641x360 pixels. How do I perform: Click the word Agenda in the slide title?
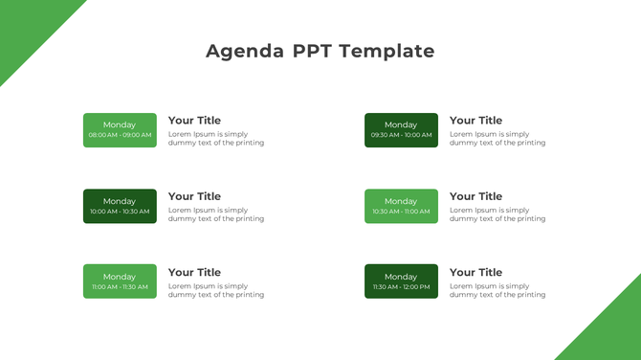245,52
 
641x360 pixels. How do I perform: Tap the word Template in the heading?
387,52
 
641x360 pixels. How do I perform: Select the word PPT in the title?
312,52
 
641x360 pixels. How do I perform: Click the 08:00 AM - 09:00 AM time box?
120,130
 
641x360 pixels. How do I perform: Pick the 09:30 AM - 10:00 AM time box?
401,130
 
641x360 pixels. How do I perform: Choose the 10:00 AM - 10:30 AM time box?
120,206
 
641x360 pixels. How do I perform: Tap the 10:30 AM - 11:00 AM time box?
401,206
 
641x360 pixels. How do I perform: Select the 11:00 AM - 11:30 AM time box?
120,281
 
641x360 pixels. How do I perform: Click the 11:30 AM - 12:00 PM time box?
401,281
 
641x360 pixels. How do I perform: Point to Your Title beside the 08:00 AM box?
194,121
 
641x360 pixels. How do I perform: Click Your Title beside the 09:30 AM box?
475,121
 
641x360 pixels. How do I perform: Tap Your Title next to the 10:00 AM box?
194,196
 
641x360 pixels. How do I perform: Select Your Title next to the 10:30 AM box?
475,196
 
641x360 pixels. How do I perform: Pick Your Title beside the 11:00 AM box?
194,272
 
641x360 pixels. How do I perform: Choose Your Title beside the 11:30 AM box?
475,272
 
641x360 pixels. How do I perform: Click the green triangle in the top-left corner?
24,24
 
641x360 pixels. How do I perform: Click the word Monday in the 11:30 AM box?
401,277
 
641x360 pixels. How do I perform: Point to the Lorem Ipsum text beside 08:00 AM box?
216,139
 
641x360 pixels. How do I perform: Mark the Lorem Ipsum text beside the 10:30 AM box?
497,214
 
